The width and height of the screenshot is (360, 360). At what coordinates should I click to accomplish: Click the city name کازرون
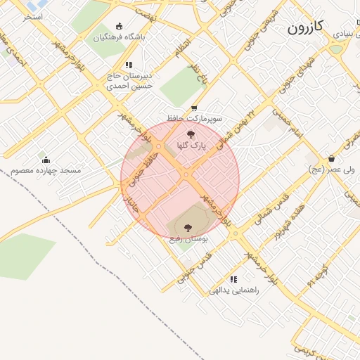[305, 27]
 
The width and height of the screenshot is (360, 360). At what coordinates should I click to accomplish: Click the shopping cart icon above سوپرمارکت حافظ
[194, 108]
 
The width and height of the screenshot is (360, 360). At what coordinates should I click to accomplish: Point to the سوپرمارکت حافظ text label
[194, 119]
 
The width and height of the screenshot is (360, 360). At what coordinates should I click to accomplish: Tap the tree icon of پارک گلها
[189, 134]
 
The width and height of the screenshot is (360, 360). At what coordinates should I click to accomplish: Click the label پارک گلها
[190, 145]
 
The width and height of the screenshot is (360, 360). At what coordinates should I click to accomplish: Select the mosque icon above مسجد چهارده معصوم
[46, 160]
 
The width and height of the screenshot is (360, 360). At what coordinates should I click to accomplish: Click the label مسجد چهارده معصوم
[46, 171]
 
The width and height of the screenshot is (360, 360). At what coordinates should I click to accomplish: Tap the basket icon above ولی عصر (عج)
[331, 159]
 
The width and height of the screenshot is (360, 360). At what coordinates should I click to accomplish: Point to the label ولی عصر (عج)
[331, 170]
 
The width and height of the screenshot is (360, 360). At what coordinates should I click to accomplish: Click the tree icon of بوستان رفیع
[188, 227]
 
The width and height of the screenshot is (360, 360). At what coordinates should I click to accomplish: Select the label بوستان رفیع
[188, 239]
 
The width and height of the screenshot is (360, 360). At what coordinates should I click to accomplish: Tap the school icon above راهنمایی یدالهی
[233, 278]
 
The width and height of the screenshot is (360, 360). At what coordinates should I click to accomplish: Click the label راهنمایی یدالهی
[234, 290]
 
